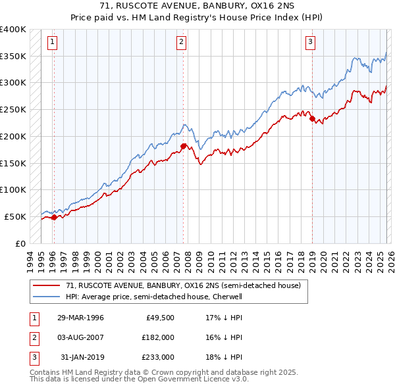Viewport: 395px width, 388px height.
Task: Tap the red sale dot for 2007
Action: coord(184,145)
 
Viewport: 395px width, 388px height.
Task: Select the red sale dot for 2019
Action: coord(313,119)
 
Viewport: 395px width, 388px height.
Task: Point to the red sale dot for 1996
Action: coord(54,217)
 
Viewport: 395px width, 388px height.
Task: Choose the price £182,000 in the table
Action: coord(157,337)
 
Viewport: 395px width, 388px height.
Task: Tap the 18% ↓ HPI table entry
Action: coord(224,357)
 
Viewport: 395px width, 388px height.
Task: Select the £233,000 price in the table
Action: coord(157,357)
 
